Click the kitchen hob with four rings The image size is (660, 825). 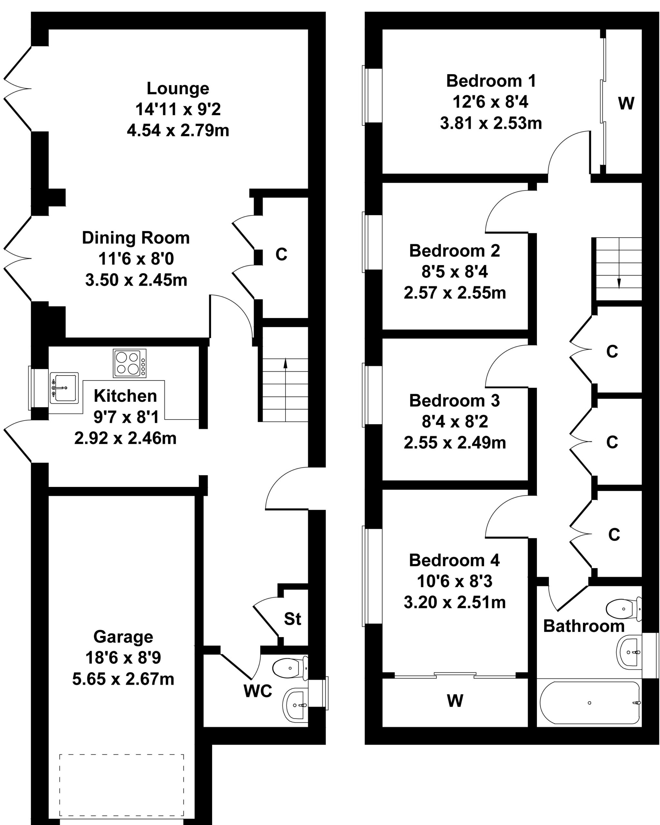130,363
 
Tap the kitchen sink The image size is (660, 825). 64,388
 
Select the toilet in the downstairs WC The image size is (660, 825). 290,668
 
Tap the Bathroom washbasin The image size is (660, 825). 629,652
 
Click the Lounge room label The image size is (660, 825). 178,88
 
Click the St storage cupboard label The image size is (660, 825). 292,619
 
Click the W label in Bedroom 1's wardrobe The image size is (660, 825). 626,103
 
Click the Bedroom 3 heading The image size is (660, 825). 454,401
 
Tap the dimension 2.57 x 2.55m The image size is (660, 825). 454,293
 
